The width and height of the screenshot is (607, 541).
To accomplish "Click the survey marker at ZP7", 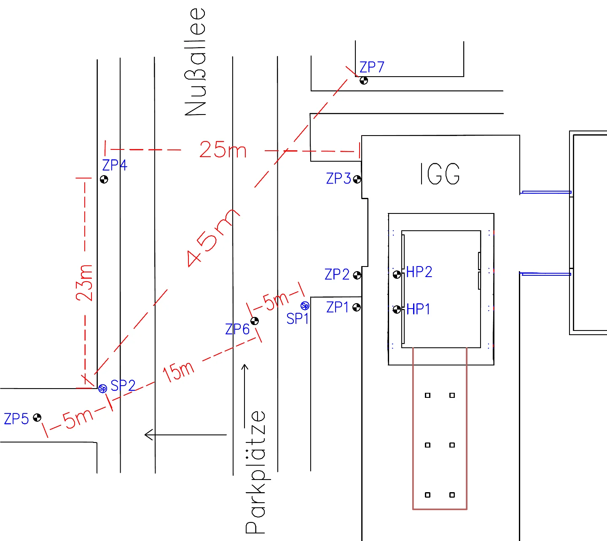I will point(364,80).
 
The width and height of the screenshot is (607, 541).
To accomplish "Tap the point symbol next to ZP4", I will point(104,179).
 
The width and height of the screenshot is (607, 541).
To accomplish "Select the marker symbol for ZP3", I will point(357,179).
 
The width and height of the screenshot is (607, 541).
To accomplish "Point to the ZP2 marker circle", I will point(357,275).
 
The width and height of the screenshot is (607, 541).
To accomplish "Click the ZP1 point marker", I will point(357,307).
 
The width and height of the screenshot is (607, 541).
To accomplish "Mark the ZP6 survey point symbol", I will point(255,321).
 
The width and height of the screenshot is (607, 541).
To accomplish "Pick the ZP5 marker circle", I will point(38,418).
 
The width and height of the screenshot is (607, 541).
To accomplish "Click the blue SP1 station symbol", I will point(305,306).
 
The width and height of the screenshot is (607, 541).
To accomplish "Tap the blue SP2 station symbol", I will point(102,389).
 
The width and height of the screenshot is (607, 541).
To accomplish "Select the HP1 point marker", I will point(397,309).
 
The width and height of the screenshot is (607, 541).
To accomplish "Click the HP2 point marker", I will point(397,275).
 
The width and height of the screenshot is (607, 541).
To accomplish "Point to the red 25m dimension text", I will point(223,150).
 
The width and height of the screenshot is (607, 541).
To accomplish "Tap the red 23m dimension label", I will point(85,282).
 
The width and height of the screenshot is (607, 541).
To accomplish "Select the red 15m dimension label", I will point(179,371).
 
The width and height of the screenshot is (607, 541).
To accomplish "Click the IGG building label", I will point(440,174).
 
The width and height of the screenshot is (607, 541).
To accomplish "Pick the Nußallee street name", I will point(196,62).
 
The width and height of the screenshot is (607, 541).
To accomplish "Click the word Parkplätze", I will point(256,472).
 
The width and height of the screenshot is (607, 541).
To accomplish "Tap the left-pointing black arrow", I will point(185,434).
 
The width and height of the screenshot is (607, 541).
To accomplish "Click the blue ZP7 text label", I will point(372,67).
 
